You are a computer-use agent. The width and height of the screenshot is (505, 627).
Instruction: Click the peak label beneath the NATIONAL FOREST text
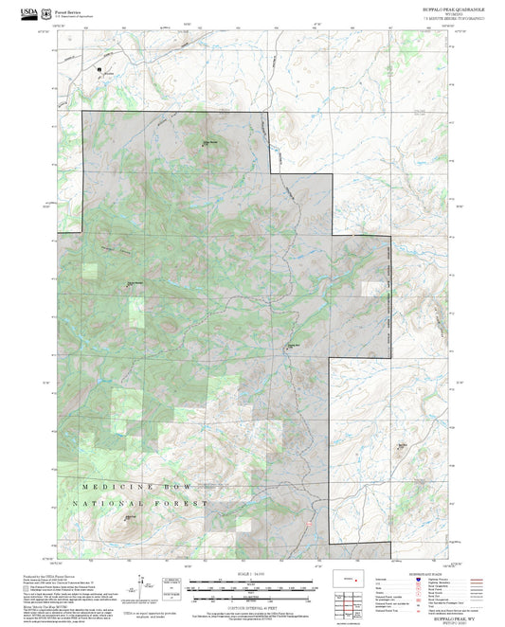pyautogui.click(x=132, y=517)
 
